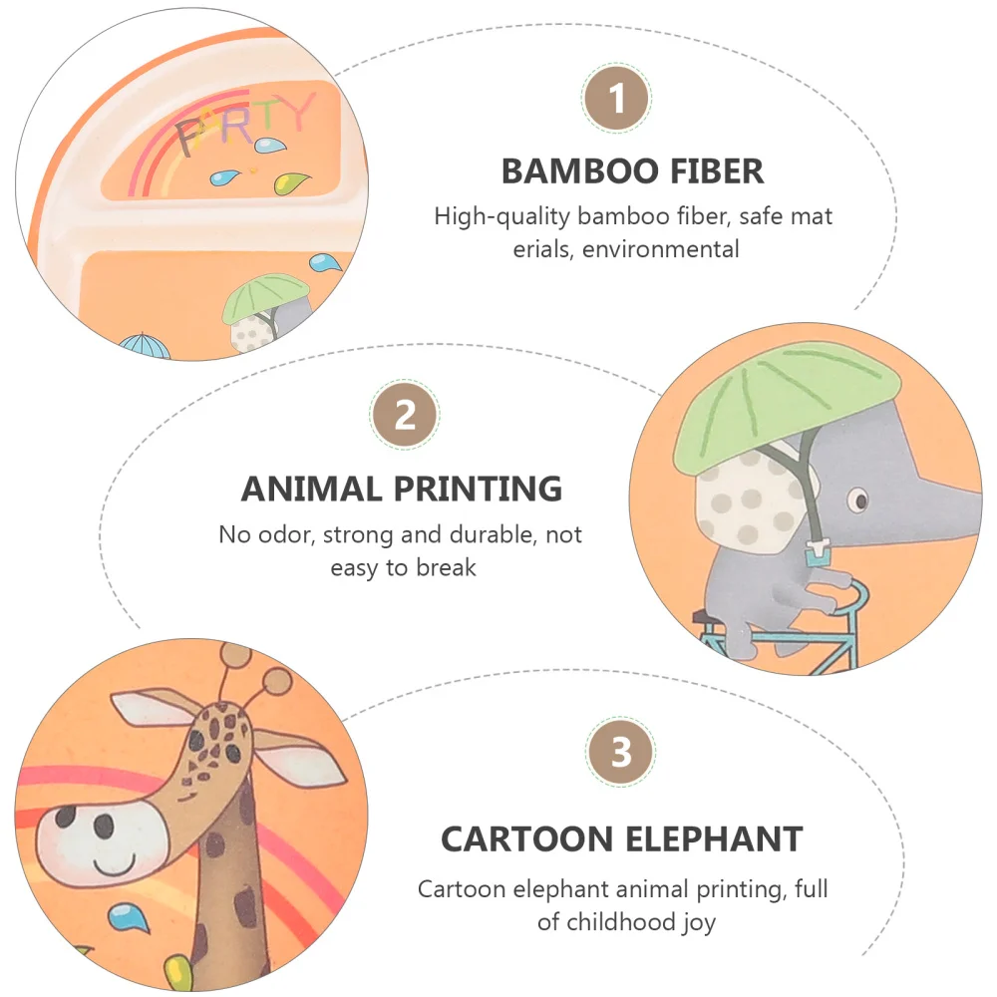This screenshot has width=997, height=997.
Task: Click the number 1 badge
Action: click(x=617, y=100)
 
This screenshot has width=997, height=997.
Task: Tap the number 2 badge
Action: click(x=405, y=415)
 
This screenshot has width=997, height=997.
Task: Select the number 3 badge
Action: click(x=622, y=752)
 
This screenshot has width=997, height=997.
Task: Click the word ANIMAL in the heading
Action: click(x=311, y=489)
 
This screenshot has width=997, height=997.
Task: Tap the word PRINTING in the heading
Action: click(x=478, y=489)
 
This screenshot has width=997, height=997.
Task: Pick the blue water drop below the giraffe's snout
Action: click(x=124, y=916)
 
